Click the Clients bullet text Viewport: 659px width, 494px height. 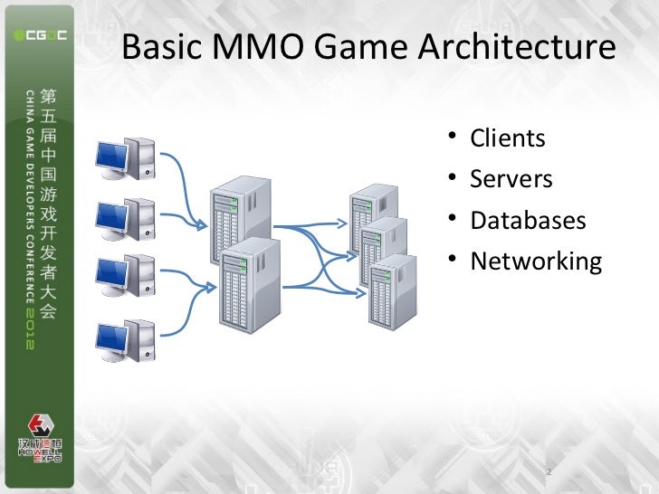(x=508, y=138)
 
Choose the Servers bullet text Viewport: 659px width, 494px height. (x=511, y=179)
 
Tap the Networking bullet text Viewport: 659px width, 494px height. (x=535, y=262)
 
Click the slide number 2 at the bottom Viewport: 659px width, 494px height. (x=549, y=471)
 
